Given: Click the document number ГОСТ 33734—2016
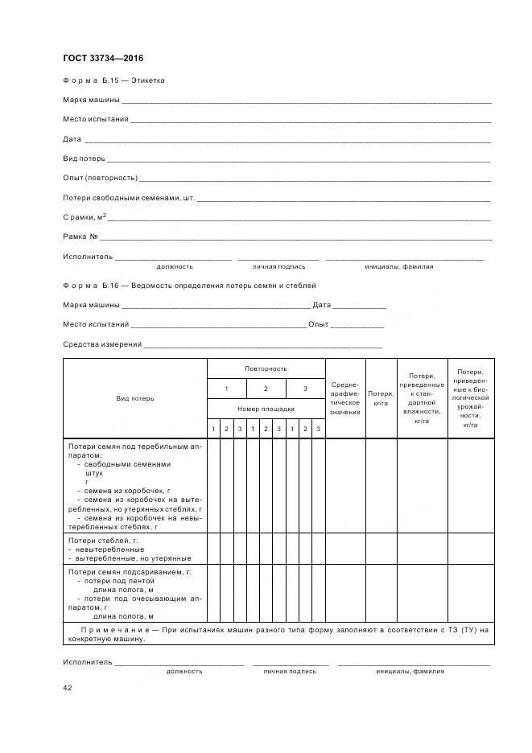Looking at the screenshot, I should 103,59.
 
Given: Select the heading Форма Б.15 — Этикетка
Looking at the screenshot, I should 113,80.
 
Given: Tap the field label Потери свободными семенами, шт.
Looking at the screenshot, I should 129,198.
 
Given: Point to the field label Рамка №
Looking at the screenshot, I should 80,237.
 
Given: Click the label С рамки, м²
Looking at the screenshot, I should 85,217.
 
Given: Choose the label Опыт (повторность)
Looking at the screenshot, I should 100,178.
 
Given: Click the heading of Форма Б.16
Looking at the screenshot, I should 189,286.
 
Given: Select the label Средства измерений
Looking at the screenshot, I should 102,344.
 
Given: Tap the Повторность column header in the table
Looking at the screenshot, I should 266,368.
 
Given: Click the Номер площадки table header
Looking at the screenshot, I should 266,409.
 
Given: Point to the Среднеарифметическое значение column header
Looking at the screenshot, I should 344,398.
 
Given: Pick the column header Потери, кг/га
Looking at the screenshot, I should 381,398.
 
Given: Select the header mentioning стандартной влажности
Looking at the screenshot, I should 421,398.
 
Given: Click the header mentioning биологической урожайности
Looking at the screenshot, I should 470,398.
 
